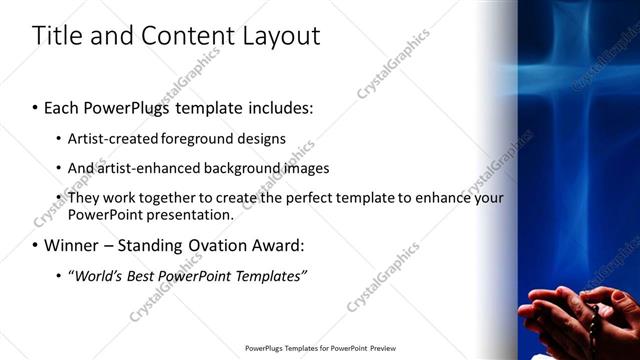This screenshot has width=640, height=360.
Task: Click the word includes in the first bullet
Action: point(275,107)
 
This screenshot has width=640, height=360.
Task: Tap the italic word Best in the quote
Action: point(140,275)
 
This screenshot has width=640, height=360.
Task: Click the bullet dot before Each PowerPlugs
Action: point(36,108)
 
